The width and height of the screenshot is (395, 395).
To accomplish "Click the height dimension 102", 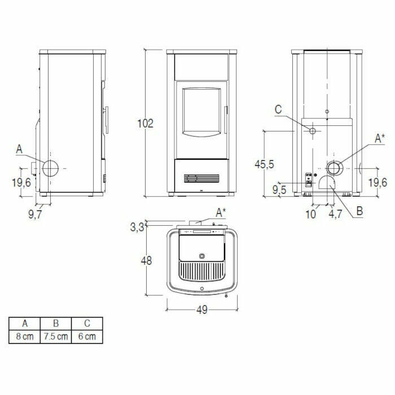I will coord(146,123).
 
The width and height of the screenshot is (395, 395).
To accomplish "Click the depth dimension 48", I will coord(146,261).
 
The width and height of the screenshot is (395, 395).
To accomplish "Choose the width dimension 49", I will coord(202,310).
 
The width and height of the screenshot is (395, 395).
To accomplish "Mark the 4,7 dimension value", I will coord(336,214).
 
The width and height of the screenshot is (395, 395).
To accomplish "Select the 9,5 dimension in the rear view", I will coord(279,190).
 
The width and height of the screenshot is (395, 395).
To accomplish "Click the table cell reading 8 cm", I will coord(24,336).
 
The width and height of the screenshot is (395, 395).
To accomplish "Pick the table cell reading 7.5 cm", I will coord(56,336).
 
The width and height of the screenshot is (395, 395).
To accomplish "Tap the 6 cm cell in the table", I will coord(87,336).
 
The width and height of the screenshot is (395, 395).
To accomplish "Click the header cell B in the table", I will coord(56,324).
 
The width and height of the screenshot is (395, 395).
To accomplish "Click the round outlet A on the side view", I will coord(50,168).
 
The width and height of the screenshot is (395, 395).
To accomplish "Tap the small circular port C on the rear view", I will coord(311,131).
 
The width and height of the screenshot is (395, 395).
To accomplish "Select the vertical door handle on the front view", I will coord(225,120).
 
